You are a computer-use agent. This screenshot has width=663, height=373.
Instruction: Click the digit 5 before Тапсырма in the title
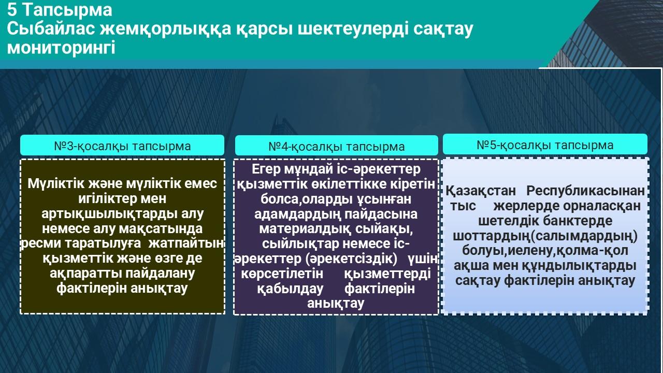point(12,9)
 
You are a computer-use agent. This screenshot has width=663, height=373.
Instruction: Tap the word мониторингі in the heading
point(61,48)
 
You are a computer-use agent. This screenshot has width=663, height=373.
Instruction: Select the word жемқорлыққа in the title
point(165,29)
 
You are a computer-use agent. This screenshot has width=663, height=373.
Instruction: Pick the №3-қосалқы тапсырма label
point(122,146)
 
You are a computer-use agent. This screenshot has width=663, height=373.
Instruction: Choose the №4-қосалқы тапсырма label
point(337,147)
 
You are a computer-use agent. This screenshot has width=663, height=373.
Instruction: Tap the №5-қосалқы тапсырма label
point(545,146)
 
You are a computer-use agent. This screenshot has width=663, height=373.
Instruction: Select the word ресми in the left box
point(40,243)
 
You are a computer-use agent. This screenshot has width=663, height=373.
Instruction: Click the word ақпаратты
point(86,274)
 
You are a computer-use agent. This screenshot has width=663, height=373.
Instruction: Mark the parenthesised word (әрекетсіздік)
point(351,259)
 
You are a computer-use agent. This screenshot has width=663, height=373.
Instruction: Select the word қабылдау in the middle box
point(290,289)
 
